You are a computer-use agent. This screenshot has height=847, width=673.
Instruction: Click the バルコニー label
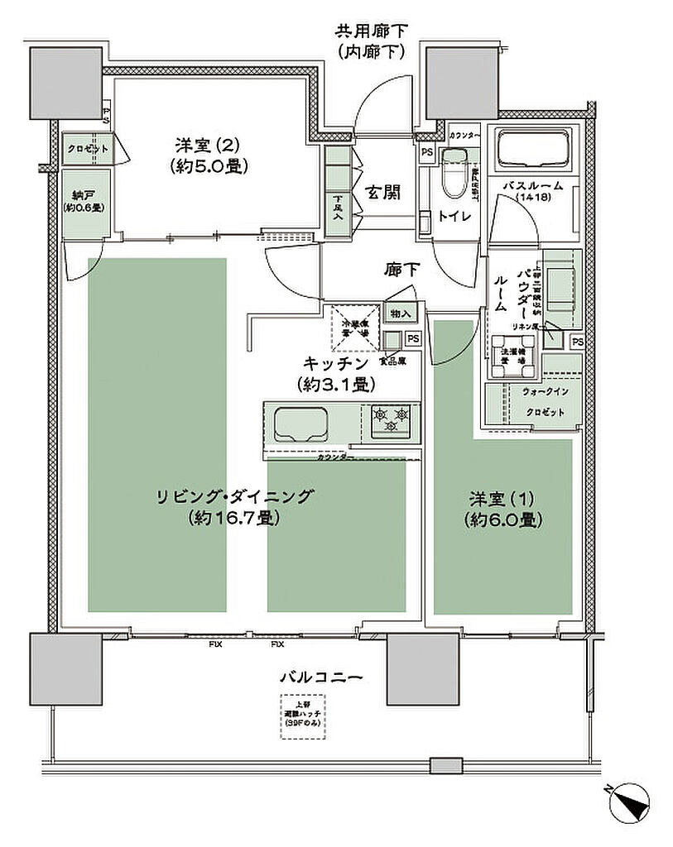tap(320, 677)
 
